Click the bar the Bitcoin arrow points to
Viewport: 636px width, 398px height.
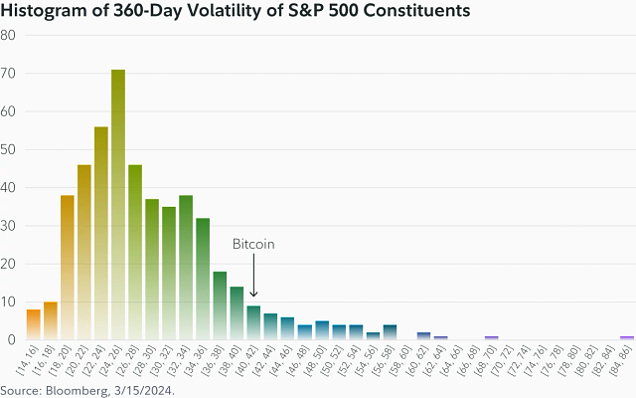click(253, 322)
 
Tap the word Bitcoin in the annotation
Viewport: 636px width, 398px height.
click(253, 244)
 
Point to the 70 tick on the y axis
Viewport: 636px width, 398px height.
click(8, 73)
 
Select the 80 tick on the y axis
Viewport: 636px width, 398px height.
click(8, 35)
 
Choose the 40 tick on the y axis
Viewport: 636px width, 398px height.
click(8, 187)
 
